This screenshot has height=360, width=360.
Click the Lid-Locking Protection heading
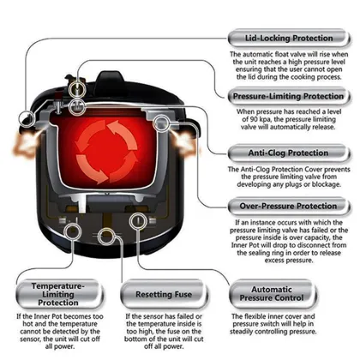coord(291,38)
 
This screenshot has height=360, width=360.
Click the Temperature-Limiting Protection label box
coord(52,292)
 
